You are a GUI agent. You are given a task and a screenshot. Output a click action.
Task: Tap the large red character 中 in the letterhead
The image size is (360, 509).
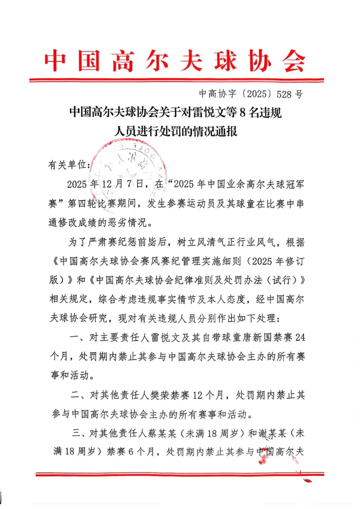55,61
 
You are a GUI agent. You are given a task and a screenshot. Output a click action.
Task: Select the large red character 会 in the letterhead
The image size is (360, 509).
294,61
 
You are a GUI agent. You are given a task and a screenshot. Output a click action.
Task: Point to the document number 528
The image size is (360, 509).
284,94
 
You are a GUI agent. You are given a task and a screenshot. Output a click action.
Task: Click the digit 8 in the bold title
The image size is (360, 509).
242,113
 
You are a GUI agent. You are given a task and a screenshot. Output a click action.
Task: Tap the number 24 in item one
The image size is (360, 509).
300,337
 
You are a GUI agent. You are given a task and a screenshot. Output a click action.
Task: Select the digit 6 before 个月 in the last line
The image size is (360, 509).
131,452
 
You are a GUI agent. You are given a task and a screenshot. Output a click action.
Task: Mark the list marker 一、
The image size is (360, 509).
78,337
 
